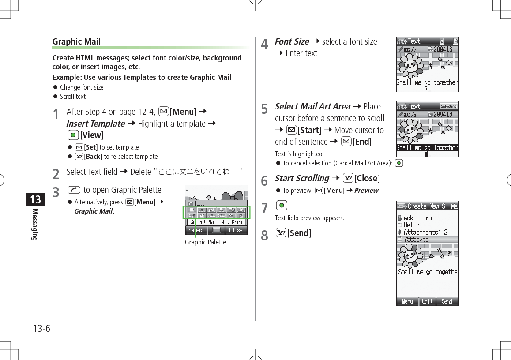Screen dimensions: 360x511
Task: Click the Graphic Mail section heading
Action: [76, 41]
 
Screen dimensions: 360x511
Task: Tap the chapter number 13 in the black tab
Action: [35, 199]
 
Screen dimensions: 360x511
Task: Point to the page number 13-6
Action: [41, 329]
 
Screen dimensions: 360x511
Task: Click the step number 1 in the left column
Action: [56, 114]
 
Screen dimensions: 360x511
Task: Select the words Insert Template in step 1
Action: [95, 124]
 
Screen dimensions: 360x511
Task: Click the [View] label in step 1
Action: [92, 135]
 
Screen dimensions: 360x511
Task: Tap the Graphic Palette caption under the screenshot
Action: [205, 242]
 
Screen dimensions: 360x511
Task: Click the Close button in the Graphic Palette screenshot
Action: [236, 230]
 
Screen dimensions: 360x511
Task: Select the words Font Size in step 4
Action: [292, 41]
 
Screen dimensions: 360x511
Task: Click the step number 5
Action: [264, 109]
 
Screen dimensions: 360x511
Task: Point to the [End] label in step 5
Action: [362, 142]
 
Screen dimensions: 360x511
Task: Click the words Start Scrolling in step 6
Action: [302, 178]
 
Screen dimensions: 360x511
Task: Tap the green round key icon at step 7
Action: [281, 206]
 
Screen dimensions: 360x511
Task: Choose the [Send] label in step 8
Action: [299, 233]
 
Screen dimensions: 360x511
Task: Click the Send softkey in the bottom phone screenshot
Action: [447, 301]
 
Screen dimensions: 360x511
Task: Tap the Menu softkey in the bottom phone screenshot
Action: [407, 301]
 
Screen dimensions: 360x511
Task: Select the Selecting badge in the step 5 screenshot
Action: [448, 106]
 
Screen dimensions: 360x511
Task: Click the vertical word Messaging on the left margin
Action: [35, 225]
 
